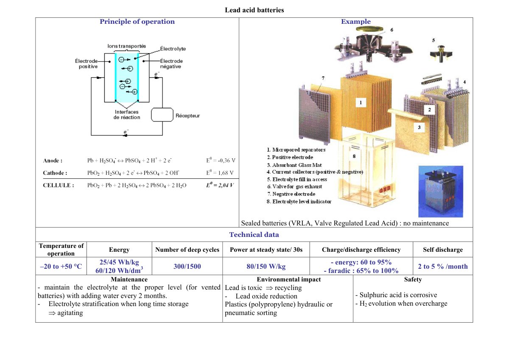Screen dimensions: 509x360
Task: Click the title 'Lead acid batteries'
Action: tap(254, 10)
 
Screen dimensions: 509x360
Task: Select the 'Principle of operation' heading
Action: tap(137, 22)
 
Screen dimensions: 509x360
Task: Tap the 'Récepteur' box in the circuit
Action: tap(162, 115)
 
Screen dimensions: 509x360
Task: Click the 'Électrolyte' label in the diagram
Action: tap(173, 49)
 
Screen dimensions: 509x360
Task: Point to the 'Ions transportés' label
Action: tap(126, 46)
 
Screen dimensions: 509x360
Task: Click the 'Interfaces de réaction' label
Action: tap(127, 115)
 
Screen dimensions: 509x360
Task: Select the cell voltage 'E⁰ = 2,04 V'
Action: tap(220, 185)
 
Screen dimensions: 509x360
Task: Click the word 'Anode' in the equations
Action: tap(51, 160)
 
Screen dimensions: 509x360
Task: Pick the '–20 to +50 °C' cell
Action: tap(61, 266)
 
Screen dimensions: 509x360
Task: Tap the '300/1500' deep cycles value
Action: tap(187, 266)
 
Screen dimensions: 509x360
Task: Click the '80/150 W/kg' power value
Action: tap(266, 266)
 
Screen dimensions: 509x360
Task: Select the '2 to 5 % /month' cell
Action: tap(443, 266)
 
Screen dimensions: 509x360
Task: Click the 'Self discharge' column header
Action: tap(443, 250)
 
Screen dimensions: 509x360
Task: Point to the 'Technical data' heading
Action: tap(254, 235)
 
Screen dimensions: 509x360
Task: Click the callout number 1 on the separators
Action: tap(361, 103)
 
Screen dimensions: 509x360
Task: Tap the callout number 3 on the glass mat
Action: tap(419, 127)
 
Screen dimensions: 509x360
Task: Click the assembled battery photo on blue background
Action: tap(441, 191)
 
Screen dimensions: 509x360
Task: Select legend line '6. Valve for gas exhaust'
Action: tap(294, 187)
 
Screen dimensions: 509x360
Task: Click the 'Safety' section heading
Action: tap(413, 279)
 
